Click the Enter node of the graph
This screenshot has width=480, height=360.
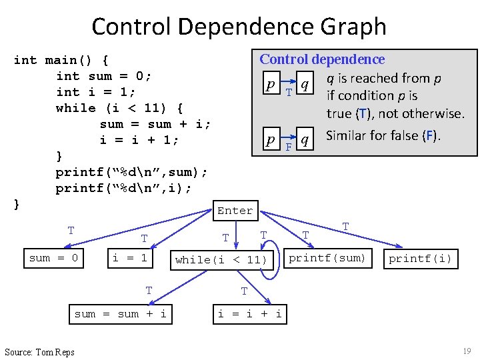(235, 211)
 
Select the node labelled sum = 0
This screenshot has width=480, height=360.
(54, 258)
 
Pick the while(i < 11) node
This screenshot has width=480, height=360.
(221, 260)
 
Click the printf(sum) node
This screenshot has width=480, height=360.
(327, 258)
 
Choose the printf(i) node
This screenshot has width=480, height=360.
(420, 259)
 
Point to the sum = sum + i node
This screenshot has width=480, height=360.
(121, 313)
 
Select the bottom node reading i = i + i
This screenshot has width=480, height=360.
(250, 313)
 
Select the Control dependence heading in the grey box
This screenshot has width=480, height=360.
(322, 60)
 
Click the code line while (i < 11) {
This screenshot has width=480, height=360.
(120, 108)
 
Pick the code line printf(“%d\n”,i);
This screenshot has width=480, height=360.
(124, 188)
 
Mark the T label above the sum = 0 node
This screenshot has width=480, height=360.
(71, 231)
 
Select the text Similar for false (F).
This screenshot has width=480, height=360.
(383, 136)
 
